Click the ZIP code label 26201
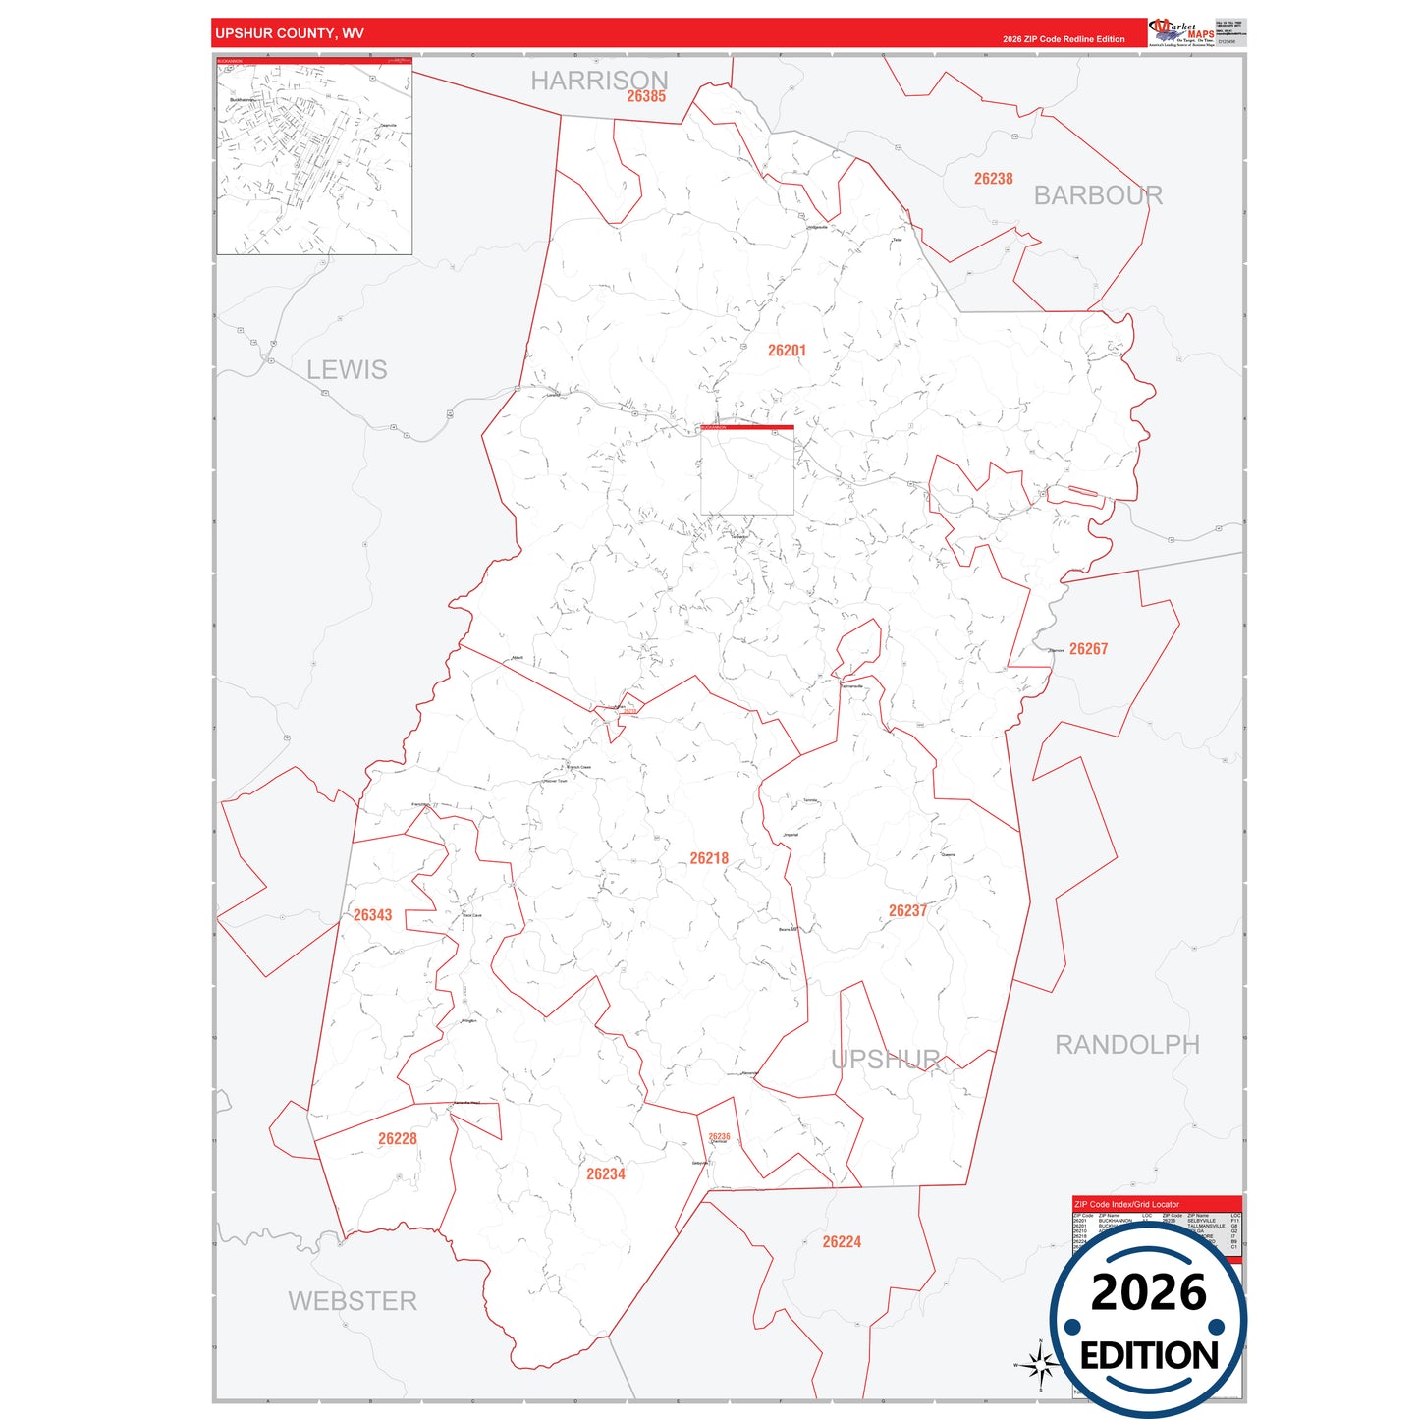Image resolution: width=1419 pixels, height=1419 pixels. click(x=787, y=351)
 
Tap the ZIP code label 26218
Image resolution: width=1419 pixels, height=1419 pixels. click(x=709, y=858)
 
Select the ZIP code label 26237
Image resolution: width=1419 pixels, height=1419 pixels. click(x=907, y=911)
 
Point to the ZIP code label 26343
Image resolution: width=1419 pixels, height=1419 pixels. click(x=372, y=915)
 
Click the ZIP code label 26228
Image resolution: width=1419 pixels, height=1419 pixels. click(x=398, y=1139)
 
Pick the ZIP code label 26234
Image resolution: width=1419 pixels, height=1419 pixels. click(x=606, y=1174)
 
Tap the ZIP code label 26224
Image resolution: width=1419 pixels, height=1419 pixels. click(x=842, y=1242)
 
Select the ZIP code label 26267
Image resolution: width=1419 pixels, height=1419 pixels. click(x=1088, y=649)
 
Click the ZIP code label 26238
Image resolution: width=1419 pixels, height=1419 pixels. click(x=993, y=179)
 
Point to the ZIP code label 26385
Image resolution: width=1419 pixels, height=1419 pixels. click(x=646, y=96)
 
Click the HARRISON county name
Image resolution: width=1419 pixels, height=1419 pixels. click(x=599, y=80)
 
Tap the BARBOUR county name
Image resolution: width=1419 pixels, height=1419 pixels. click(x=1098, y=195)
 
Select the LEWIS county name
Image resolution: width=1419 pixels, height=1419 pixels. click(x=347, y=370)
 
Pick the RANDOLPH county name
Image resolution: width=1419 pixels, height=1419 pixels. click(x=1126, y=1045)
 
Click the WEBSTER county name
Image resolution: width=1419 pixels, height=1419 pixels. click(x=353, y=1301)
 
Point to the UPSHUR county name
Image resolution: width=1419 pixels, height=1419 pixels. click(x=886, y=1060)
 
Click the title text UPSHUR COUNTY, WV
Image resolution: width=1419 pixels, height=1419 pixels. click(x=290, y=33)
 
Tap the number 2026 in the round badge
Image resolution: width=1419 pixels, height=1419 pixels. click(x=1148, y=1292)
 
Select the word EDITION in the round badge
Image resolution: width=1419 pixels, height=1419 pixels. click(x=1149, y=1356)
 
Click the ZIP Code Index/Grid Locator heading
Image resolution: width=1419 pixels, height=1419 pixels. click(x=1126, y=1204)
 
